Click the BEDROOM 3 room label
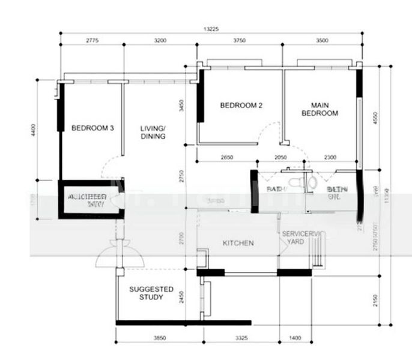(92, 128)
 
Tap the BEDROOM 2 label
(241, 106)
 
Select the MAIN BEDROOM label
(320, 109)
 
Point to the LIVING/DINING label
(153, 132)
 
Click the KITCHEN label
(238, 243)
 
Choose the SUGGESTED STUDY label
(151, 293)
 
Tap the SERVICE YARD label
(296, 237)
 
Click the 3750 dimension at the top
(239, 40)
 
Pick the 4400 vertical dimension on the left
(34, 130)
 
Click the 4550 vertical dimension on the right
(376, 118)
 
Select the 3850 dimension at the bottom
(159, 339)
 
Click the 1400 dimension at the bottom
(295, 339)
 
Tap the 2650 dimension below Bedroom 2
(226, 157)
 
